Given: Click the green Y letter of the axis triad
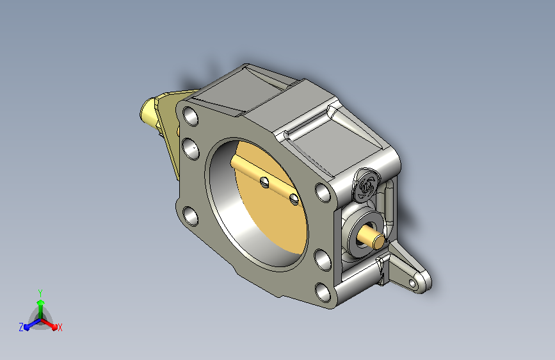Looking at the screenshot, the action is [x=40, y=293].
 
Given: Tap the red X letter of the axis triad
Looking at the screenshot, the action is [x=60, y=327].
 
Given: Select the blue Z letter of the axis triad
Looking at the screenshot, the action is [x=21, y=327].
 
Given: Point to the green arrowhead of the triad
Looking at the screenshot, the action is [x=41, y=302].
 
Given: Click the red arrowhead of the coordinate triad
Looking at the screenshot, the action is [x=54, y=326].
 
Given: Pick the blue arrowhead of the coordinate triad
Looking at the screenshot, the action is [x=27, y=327].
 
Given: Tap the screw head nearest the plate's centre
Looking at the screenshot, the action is [x=264, y=183].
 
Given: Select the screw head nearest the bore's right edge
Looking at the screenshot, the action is [x=294, y=199].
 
